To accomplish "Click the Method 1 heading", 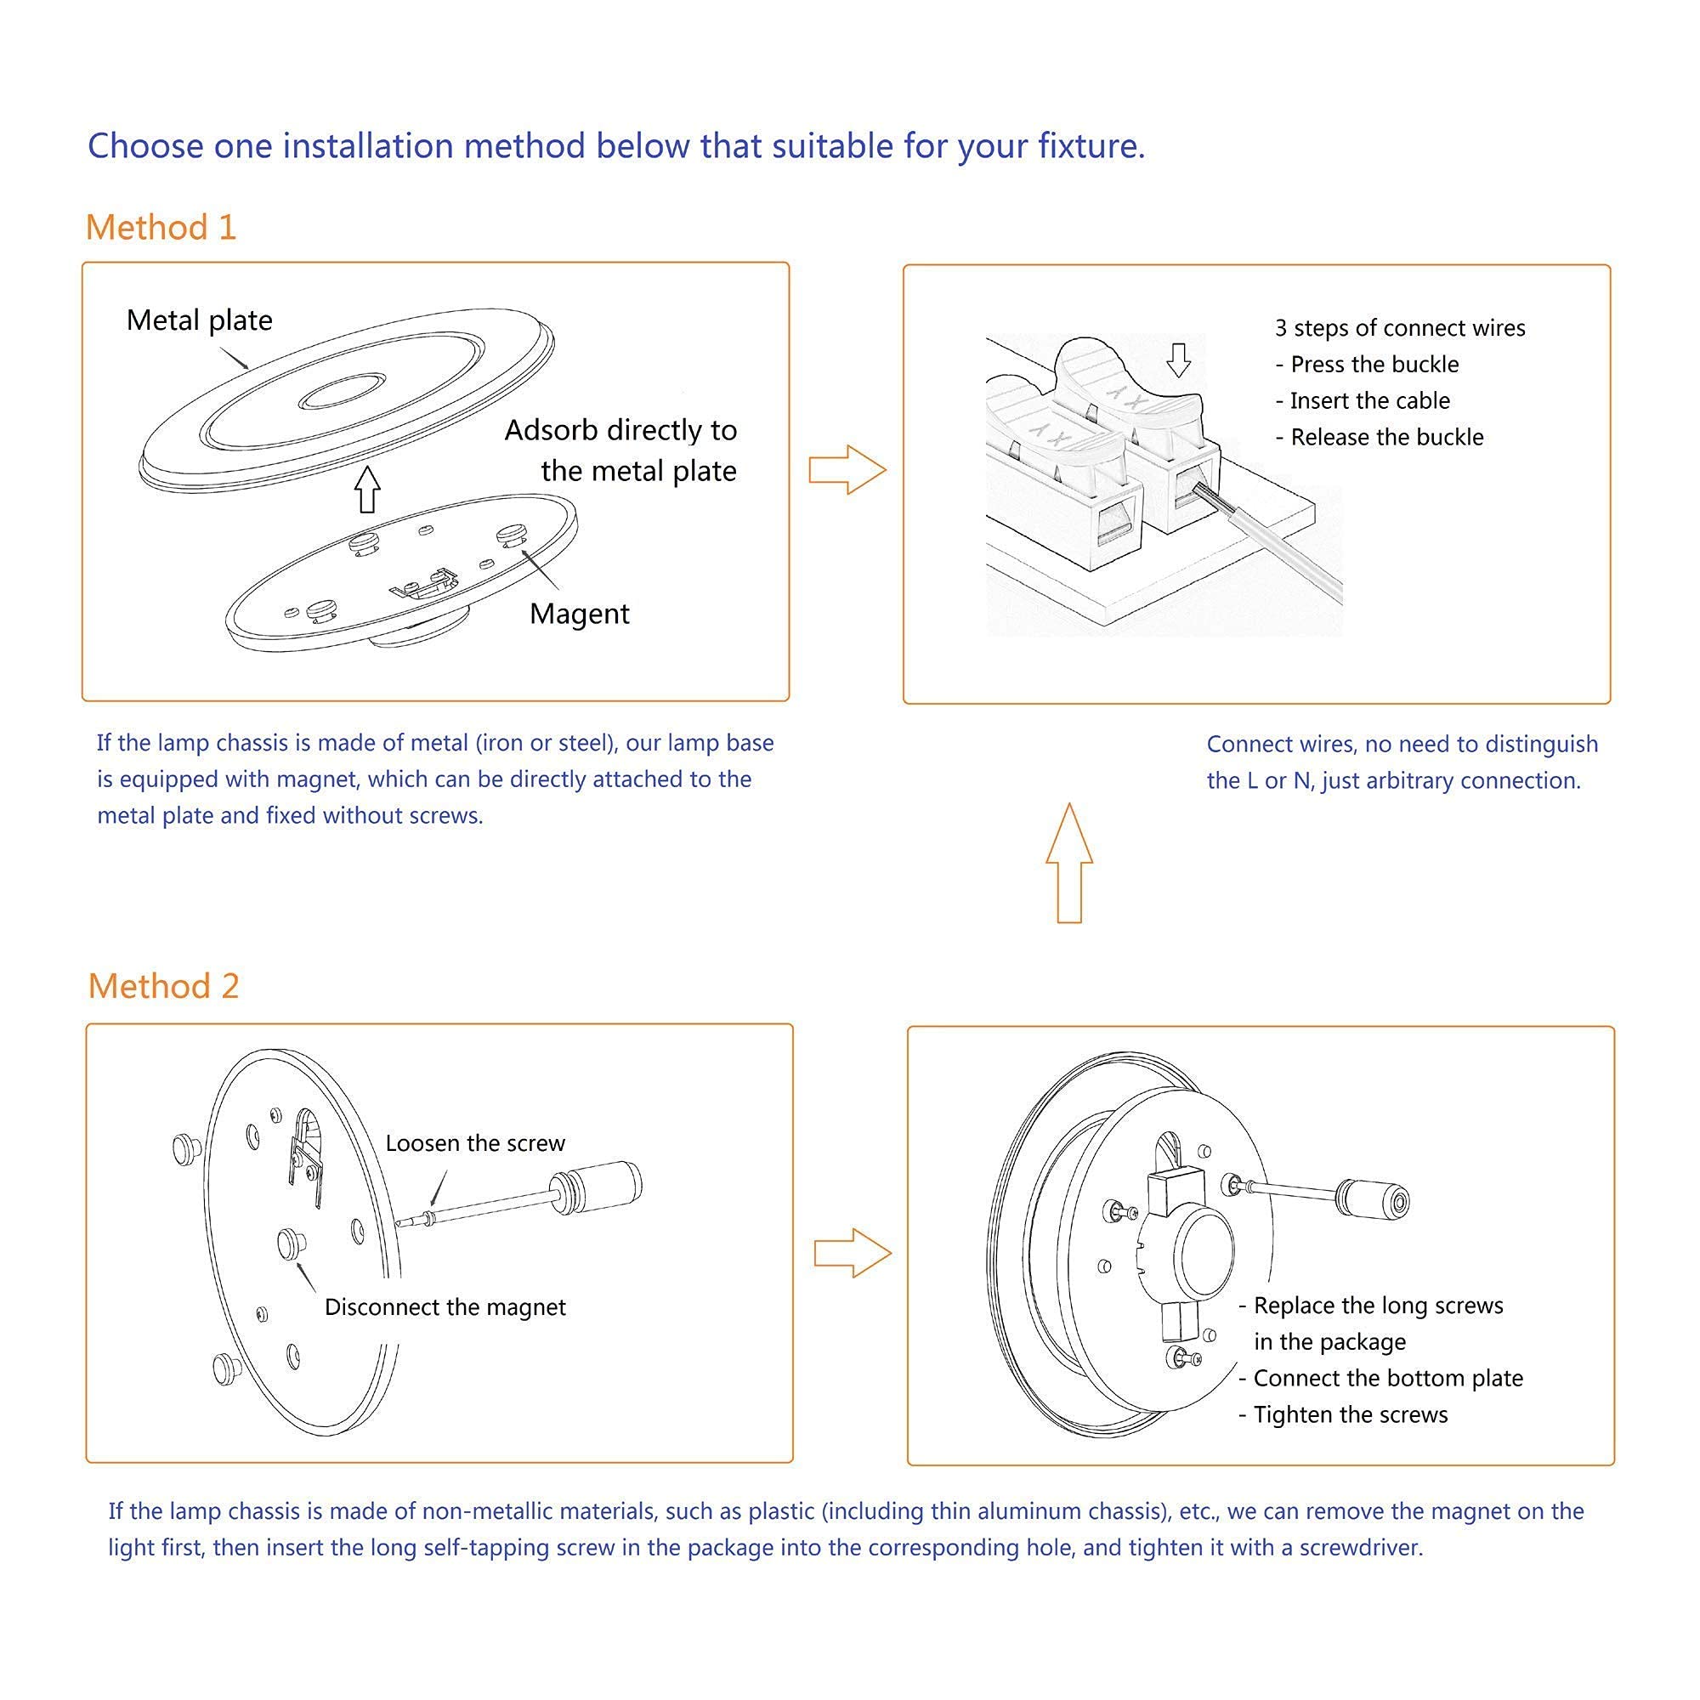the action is pyautogui.click(x=161, y=227).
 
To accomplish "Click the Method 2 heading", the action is pyautogui.click(x=164, y=985).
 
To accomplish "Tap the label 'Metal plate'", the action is pyautogui.click(x=199, y=320).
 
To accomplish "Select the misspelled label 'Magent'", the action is pyautogui.click(x=579, y=614).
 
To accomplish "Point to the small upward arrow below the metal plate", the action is pyautogui.click(x=368, y=490).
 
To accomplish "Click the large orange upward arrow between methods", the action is pyautogui.click(x=1069, y=862).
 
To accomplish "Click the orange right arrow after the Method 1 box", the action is pyautogui.click(x=847, y=469).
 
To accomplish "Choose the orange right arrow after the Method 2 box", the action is pyautogui.click(x=853, y=1253).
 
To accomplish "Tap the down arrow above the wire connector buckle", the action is pyautogui.click(x=1178, y=360).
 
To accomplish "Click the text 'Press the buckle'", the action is pyautogui.click(x=1374, y=365).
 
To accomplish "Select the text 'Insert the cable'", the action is pyautogui.click(x=1370, y=400).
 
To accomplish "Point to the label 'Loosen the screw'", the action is pyautogui.click(x=475, y=1143).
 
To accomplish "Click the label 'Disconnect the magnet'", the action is pyautogui.click(x=445, y=1306).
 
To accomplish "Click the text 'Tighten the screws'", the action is pyautogui.click(x=1351, y=1414).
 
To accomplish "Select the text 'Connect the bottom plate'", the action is pyautogui.click(x=1389, y=1378).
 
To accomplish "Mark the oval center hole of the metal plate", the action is pyautogui.click(x=343, y=391).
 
